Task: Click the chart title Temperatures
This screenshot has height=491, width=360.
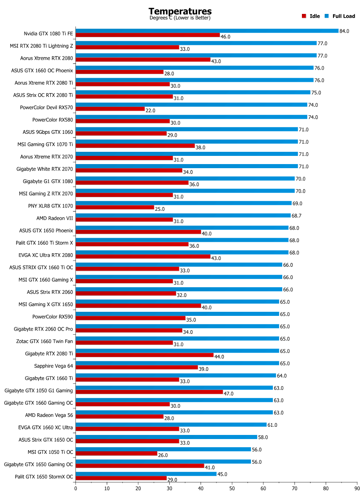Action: click(180, 11)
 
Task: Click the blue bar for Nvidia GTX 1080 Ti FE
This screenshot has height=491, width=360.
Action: click(207, 31)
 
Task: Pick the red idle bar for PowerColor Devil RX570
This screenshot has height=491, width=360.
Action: click(110, 109)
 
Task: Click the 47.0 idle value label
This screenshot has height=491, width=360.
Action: click(228, 394)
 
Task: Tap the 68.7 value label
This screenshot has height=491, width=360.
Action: click(297, 216)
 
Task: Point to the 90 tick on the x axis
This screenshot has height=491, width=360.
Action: click(357, 487)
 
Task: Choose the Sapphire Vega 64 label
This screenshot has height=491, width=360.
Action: click(54, 366)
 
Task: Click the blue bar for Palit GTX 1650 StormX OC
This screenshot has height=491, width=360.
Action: click(146, 474)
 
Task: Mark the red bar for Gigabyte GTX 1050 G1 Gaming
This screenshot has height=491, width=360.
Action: click(149, 392)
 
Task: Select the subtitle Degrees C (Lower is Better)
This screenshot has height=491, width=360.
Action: click(180, 18)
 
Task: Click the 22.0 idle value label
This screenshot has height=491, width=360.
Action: click(151, 110)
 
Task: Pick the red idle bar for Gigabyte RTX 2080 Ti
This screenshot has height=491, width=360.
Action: click(144, 355)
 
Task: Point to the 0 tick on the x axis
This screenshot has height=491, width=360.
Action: click(76, 487)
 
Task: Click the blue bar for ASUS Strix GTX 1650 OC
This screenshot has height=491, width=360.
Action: click(166, 437)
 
